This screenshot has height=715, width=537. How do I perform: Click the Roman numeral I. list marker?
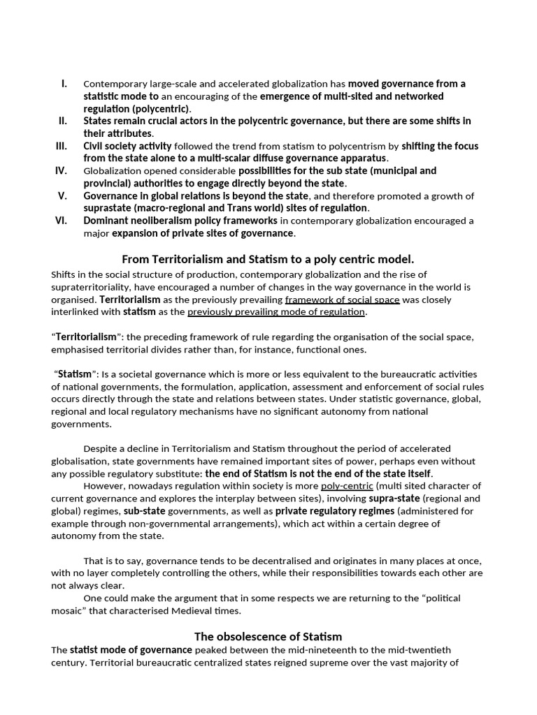point(64,84)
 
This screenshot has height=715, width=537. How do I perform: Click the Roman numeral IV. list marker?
point(62,170)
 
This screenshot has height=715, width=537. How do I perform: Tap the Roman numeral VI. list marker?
point(62,221)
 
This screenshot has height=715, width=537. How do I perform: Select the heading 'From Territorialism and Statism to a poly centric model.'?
point(268,258)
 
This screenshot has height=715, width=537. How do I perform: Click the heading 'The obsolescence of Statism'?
point(268,636)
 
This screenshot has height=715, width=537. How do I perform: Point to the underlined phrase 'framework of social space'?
point(342,300)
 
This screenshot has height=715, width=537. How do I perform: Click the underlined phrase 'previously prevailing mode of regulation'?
point(276,312)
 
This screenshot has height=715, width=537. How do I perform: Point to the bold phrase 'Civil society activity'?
point(127,147)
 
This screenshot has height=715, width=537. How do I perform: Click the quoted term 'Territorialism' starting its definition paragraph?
point(85,337)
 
